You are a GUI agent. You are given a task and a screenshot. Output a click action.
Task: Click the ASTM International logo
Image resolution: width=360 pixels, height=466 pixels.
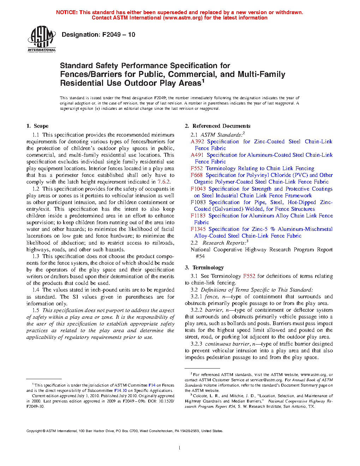click(42, 39)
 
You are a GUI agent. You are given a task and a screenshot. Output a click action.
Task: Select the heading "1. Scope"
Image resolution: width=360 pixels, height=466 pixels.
click(37, 126)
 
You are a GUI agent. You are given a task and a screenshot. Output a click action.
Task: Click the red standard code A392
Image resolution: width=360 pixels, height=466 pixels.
click(197, 142)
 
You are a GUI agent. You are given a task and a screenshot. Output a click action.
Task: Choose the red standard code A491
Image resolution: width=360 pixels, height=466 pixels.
click(197, 155)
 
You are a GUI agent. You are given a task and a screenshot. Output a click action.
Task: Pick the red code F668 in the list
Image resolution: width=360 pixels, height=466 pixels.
click(197, 175)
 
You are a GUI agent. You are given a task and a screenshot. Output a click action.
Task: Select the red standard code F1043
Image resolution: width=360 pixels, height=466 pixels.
click(198, 189)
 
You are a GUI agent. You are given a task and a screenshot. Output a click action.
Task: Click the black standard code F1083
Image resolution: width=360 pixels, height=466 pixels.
click(198, 202)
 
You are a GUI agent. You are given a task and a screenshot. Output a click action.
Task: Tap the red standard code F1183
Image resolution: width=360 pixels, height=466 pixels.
click(198, 216)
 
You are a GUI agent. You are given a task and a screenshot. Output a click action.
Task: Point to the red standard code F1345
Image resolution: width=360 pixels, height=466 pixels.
click(198, 229)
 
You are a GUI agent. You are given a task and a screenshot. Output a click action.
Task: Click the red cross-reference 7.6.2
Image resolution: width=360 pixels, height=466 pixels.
click(164, 182)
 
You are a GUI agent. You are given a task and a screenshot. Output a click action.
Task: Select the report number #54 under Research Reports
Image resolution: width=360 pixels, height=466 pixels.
click(200, 256)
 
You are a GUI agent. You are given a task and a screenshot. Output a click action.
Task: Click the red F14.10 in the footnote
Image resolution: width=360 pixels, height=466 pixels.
click(120, 391)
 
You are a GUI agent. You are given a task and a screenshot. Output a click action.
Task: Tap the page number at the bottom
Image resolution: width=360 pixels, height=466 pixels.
click(180, 448)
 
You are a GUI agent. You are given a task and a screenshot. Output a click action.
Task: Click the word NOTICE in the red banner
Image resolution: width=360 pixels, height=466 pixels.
click(67, 12)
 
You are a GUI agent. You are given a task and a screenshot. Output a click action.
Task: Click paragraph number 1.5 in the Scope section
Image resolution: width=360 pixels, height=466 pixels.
click(36, 310)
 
